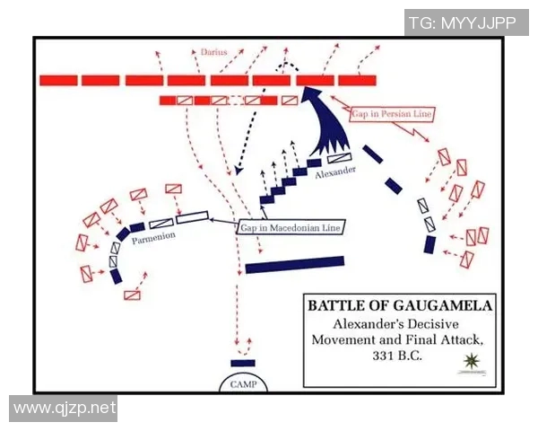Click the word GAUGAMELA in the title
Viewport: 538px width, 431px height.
coord(438,305)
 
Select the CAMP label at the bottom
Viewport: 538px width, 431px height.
coord(242,383)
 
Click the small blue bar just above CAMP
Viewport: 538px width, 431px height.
coord(242,362)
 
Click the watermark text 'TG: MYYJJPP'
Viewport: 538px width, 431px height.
coord(463,23)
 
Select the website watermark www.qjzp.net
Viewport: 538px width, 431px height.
coord(65,409)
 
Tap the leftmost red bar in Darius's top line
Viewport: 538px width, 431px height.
coord(58,80)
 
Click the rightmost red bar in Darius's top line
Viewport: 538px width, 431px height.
coord(357,80)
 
